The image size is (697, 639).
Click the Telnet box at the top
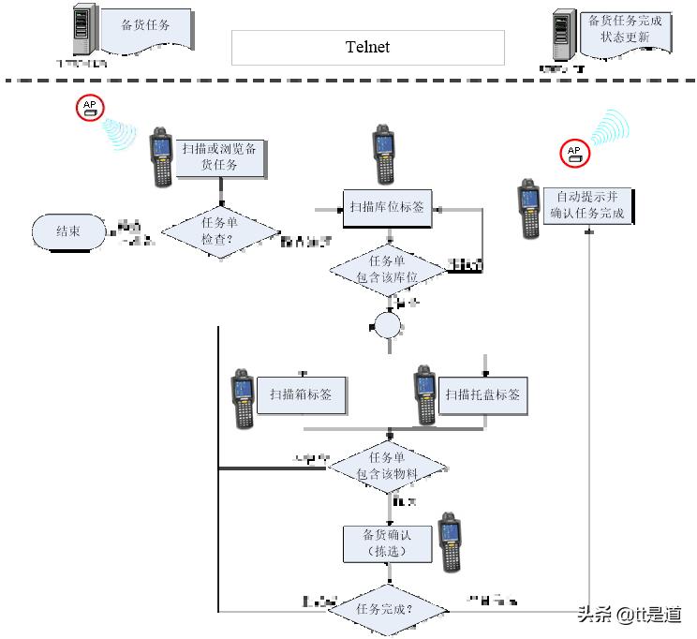tap(367, 47)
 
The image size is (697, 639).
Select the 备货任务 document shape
tap(145, 28)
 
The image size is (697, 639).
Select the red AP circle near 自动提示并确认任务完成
tap(574, 153)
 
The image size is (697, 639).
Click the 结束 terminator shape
tap(68, 231)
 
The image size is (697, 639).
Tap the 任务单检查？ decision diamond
tap(221, 231)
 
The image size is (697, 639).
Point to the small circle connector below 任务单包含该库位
tap(387, 326)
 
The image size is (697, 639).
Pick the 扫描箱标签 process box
tap(301, 394)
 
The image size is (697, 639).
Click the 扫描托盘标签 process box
tap(482, 394)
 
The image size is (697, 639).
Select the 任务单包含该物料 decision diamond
tap(387, 467)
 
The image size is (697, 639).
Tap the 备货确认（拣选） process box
tap(387, 542)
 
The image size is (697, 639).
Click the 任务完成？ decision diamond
tap(387, 609)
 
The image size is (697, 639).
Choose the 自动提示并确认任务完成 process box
tap(587, 206)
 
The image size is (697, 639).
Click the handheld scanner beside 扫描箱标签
tap(244, 398)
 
